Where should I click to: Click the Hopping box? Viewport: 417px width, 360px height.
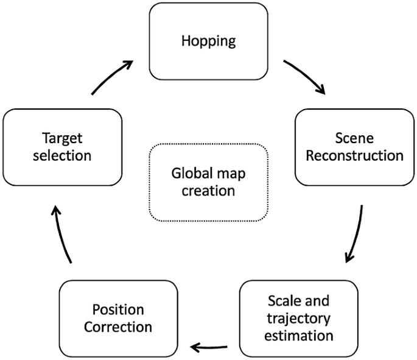coord(208,41)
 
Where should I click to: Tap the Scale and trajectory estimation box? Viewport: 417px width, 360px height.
coord(299,317)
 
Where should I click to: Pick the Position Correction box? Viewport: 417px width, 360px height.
coord(118,317)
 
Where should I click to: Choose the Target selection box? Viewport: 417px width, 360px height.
coord(62,147)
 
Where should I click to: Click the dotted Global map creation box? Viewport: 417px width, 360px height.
coord(208,182)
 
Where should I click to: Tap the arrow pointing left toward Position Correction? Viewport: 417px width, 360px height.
coord(209,347)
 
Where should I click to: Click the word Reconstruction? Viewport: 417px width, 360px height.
coord(354,155)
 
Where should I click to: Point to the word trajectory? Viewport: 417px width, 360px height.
coord(299,318)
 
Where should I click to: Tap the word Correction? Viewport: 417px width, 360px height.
coord(118,326)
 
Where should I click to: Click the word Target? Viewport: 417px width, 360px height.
coord(62,138)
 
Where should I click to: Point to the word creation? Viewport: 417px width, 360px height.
coord(208,190)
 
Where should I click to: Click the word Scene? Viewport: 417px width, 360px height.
coord(354,138)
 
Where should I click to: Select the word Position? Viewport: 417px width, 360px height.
coord(118,309)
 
